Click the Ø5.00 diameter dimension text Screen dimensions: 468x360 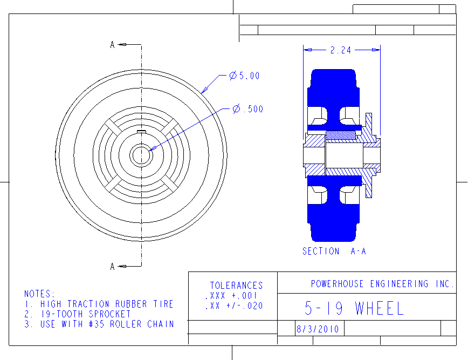click(x=244, y=76)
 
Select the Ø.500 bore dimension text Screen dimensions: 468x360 click(x=248, y=108)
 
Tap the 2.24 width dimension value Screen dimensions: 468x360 click(x=341, y=50)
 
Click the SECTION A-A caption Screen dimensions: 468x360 click(x=334, y=252)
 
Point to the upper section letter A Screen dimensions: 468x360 click(x=112, y=45)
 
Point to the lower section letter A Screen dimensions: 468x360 click(x=112, y=266)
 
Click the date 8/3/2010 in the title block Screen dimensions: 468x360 click(x=318, y=329)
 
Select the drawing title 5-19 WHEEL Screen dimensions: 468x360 click(x=354, y=308)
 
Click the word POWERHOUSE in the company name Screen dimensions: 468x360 click(x=338, y=284)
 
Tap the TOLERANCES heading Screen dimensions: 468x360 click(x=236, y=286)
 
